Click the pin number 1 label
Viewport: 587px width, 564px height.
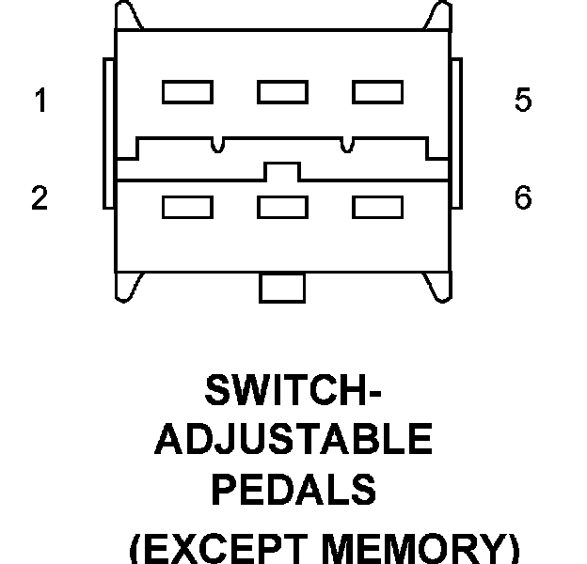pyautogui.click(x=40, y=101)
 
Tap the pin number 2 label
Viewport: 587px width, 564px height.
pyautogui.click(x=40, y=199)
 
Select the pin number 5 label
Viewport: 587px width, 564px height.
pyautogui.click(x=523, y=101)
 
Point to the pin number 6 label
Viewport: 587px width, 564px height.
pyautogui.click(x=523, y=199)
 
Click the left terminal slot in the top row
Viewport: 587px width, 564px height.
pyautogui.click(x=187, y=92)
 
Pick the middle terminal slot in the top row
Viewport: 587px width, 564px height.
pyautogui.click(x=282, y=92)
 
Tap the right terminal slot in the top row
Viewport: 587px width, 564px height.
pyautogui.click(x=377, y=92)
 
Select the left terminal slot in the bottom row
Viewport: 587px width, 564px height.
pyautogui.click(x=187, y=207)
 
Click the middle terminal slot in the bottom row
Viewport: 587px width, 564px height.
pyautogui.click(x=282, y=207)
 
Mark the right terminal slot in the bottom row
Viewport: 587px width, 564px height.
pyautogui.click(x=377, y=207)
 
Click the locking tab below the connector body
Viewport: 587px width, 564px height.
pyautogui.click(x=282, y=288)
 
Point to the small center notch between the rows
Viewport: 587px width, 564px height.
pyautogui.click(x=282, y=172)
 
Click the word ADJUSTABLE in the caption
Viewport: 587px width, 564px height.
pyautogui.click(x=293, y=440)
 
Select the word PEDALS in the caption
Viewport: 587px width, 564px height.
pyautogui.click(x=293, y=489)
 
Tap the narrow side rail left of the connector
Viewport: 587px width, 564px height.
pyautogui.click(x=108, y=132)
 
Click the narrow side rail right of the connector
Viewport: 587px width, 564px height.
pyautogui.click(x=456, y=132)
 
